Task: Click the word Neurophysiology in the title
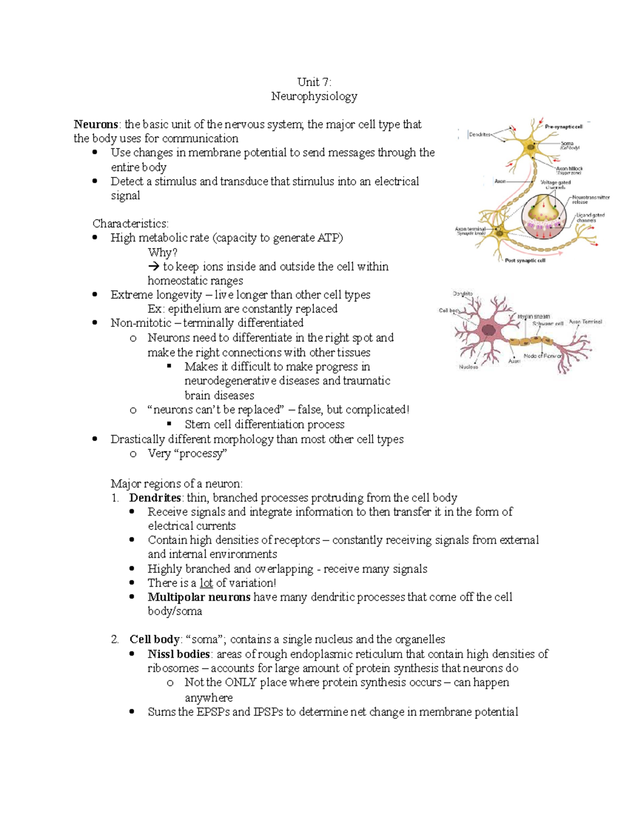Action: [314, 96]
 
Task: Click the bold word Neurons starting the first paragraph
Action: [96, 124]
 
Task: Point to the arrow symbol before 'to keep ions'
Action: [154, 267]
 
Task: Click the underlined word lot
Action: [206, 583]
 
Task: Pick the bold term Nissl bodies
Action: [179, 654]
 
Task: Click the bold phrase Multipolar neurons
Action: [199, 597]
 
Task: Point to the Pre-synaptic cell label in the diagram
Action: [563, 126]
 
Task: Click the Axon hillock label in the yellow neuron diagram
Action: [569, 168]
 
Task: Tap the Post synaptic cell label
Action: [525, 260]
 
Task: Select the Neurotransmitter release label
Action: [590, 199]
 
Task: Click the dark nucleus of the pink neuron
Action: [489, 331]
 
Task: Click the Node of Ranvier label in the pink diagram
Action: [543, 356]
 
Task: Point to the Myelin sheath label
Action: [534, 316]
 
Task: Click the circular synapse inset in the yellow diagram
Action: [544, 215]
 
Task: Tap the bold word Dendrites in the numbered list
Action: [155, 498]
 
